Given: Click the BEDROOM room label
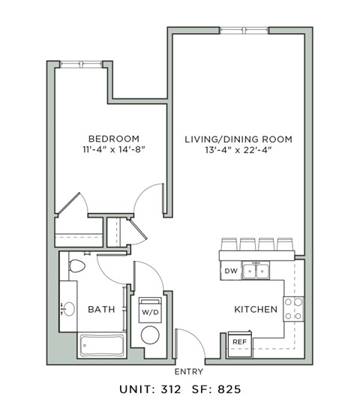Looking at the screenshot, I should pos(115,139).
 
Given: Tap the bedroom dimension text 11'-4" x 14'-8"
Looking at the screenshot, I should pos(115,150).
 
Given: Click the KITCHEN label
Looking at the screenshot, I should pos(256,309).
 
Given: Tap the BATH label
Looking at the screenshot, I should pos(101,309).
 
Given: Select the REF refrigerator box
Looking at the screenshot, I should pos(239,342).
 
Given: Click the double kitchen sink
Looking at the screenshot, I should pos(256,271).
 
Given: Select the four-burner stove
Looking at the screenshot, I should pos(293,309).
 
